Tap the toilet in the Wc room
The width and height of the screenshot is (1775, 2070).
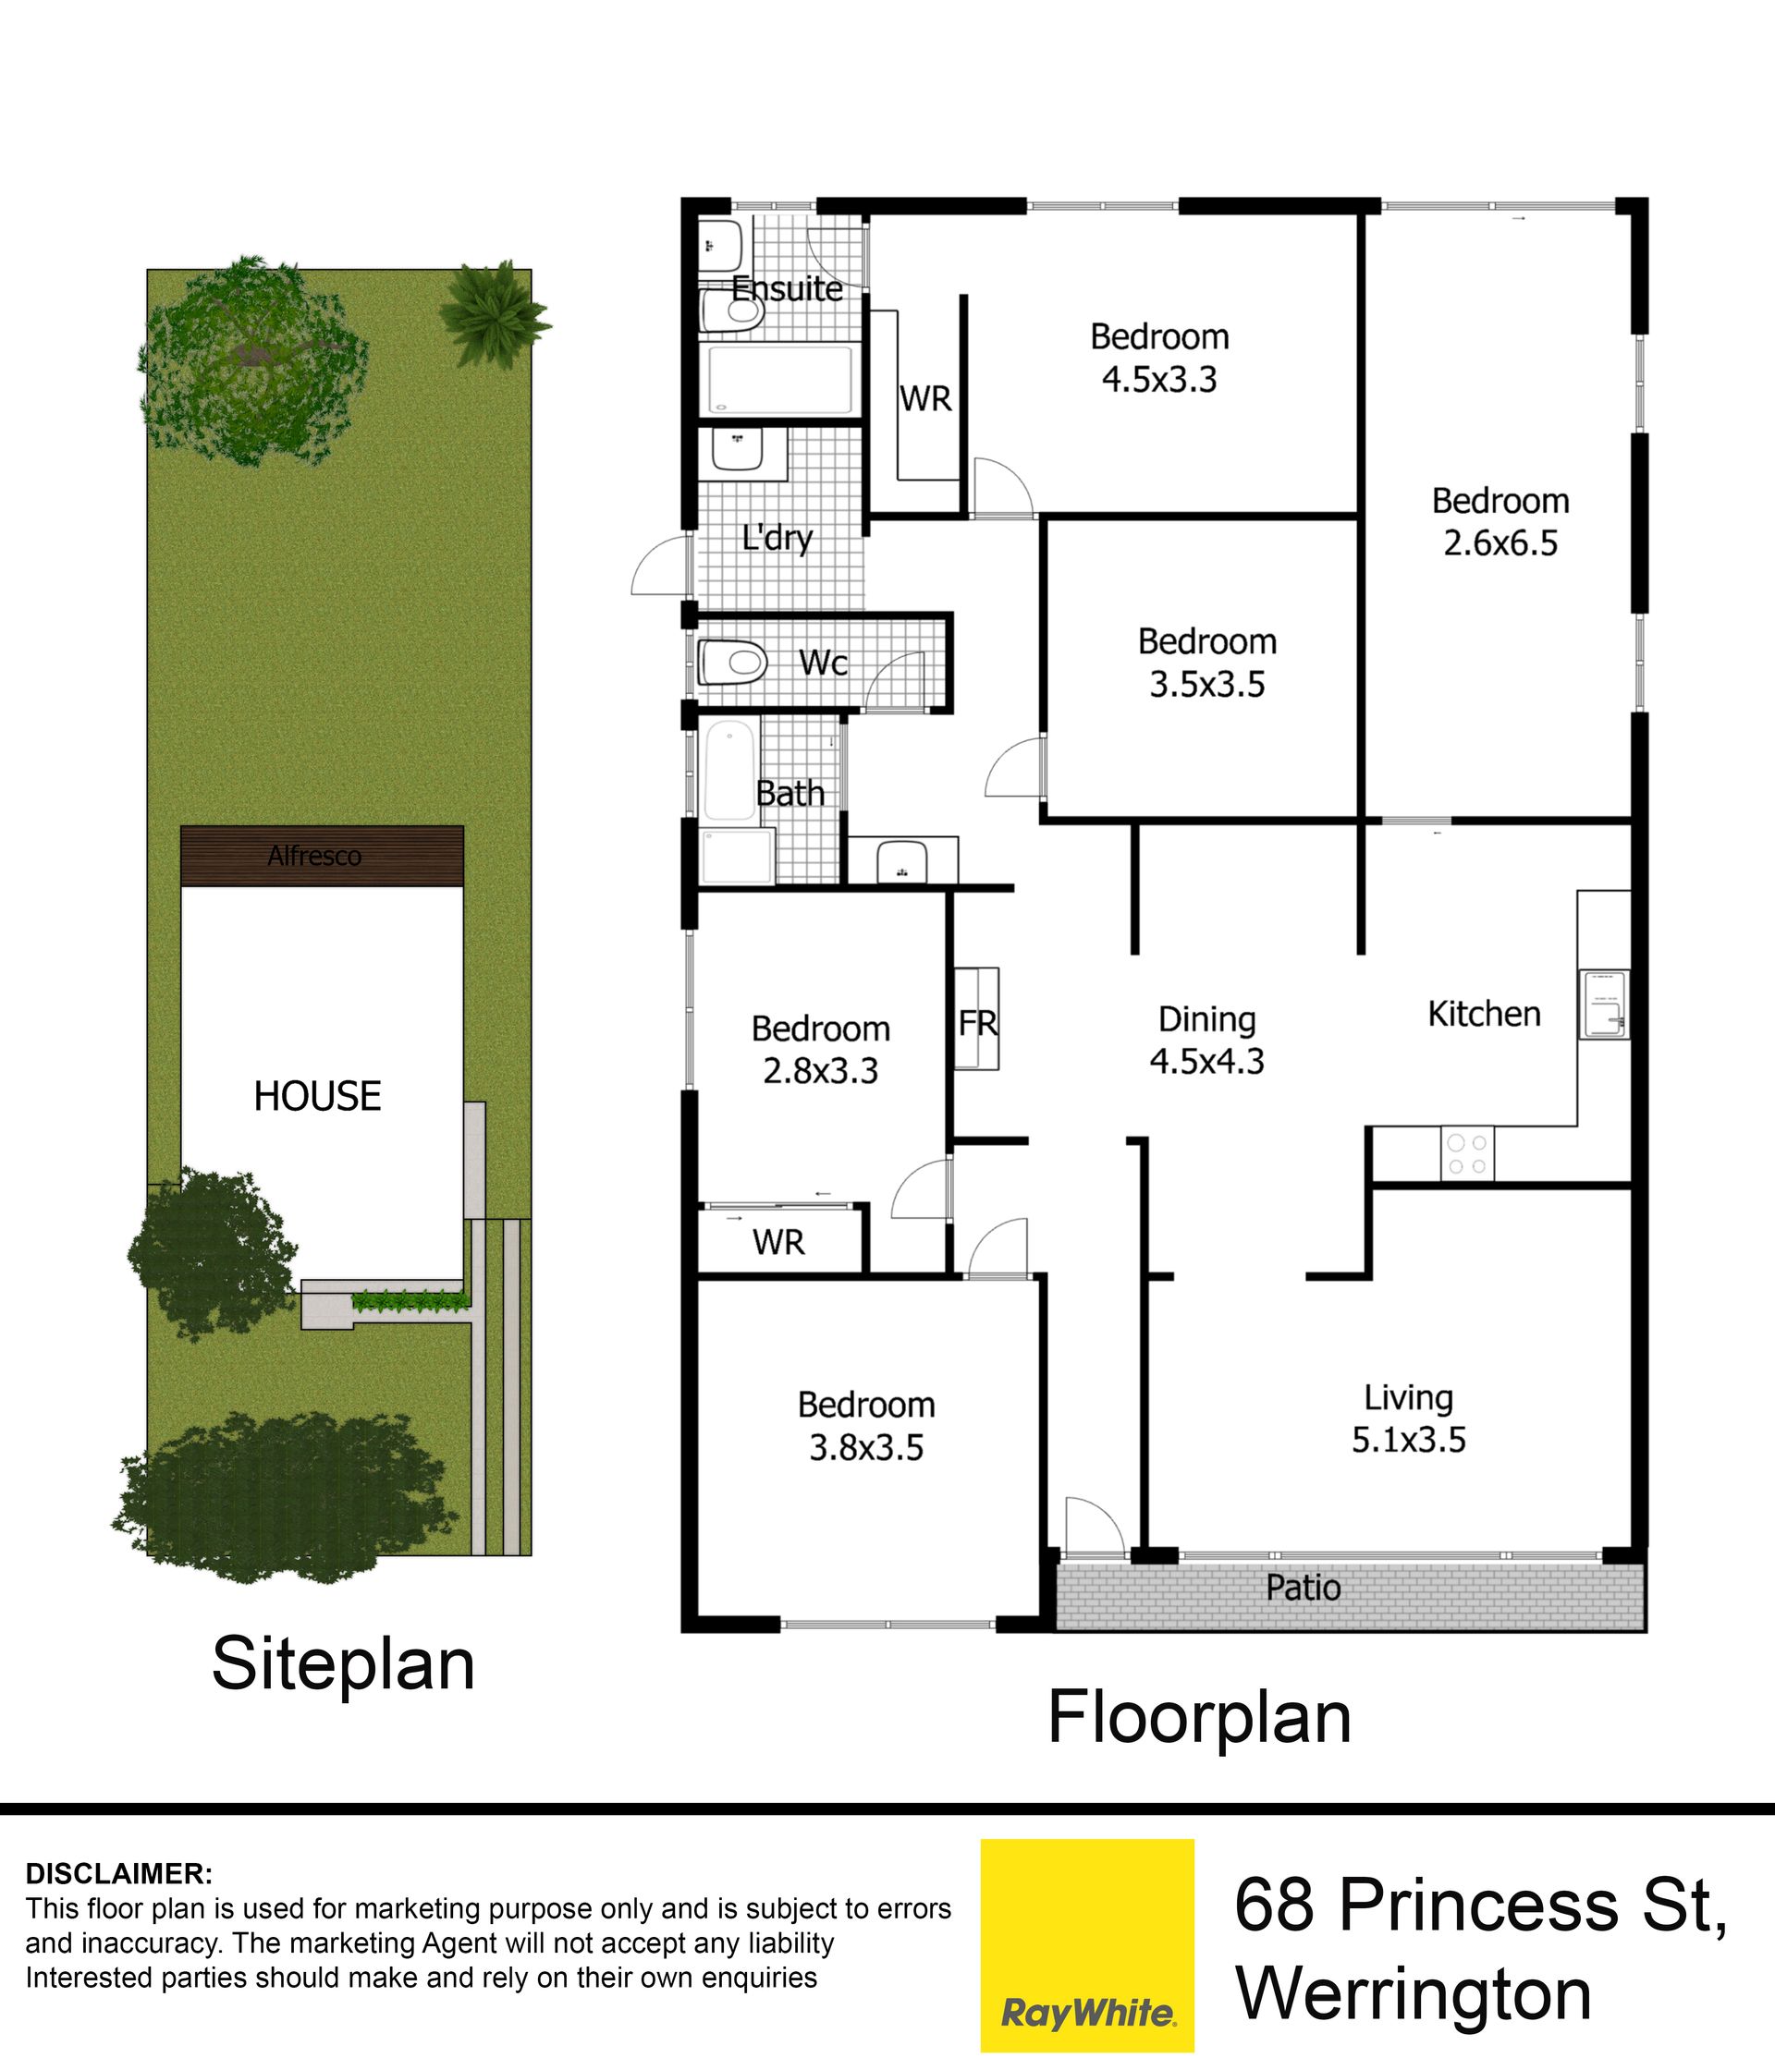point(732,662)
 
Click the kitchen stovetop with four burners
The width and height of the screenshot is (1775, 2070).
point(1467,1154)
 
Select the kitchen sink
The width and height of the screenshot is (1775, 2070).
point(1604,1004)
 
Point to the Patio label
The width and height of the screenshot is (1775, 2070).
point(1304,1588)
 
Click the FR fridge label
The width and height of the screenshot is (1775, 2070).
point(977,1023)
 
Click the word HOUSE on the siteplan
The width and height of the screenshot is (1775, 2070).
point(317,1096)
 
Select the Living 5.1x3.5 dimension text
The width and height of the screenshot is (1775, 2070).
point(1409,1440)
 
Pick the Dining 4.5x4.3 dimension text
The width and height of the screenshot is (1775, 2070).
point(1206,1061)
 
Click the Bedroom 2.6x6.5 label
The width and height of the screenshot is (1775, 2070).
point(1500,521)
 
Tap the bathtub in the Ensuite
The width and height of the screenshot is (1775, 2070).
point(780,379)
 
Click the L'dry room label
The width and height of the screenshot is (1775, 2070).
point(777,539)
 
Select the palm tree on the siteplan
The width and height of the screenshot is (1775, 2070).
point(495,313)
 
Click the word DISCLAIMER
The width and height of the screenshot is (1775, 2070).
point(119,1873)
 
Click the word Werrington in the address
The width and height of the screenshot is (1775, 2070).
point(1414,1995)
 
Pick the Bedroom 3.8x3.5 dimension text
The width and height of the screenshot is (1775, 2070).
point(866,1447)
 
